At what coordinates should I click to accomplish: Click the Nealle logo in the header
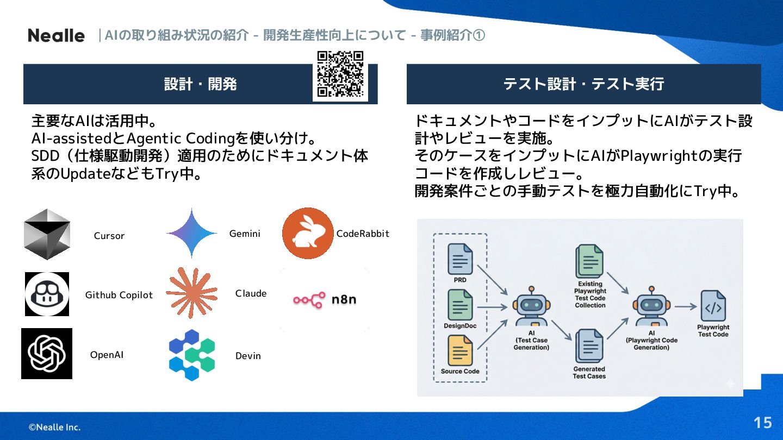click(x=56, y=36)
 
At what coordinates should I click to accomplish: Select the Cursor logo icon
click(x=47, y=234)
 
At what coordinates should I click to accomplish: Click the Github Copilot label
click(x=119, y=295)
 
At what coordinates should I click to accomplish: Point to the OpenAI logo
click(x=47, y=354)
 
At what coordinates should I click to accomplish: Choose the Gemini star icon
click(x=192, y=234)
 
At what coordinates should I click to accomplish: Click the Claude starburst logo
click(x=191, y=293)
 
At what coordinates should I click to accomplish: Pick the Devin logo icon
click(x=192, y=355)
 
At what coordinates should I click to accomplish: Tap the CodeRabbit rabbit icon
click(x=307, y=234)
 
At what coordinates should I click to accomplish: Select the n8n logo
click(x=325, y=299)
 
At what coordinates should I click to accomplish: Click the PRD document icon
click(x=460, y=259)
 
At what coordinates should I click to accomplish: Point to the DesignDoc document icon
click(x=460, y=305)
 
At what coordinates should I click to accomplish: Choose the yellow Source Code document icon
click(x=460, y=351)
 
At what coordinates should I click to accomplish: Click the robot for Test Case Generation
click(x=531, y=307)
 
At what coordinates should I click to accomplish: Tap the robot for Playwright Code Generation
click(x=651, y=307)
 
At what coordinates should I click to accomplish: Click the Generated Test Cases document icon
click(x=589, y=346)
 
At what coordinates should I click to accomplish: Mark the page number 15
click(x=762, y=423)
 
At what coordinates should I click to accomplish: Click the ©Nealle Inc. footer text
click(x=54, y=427)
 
